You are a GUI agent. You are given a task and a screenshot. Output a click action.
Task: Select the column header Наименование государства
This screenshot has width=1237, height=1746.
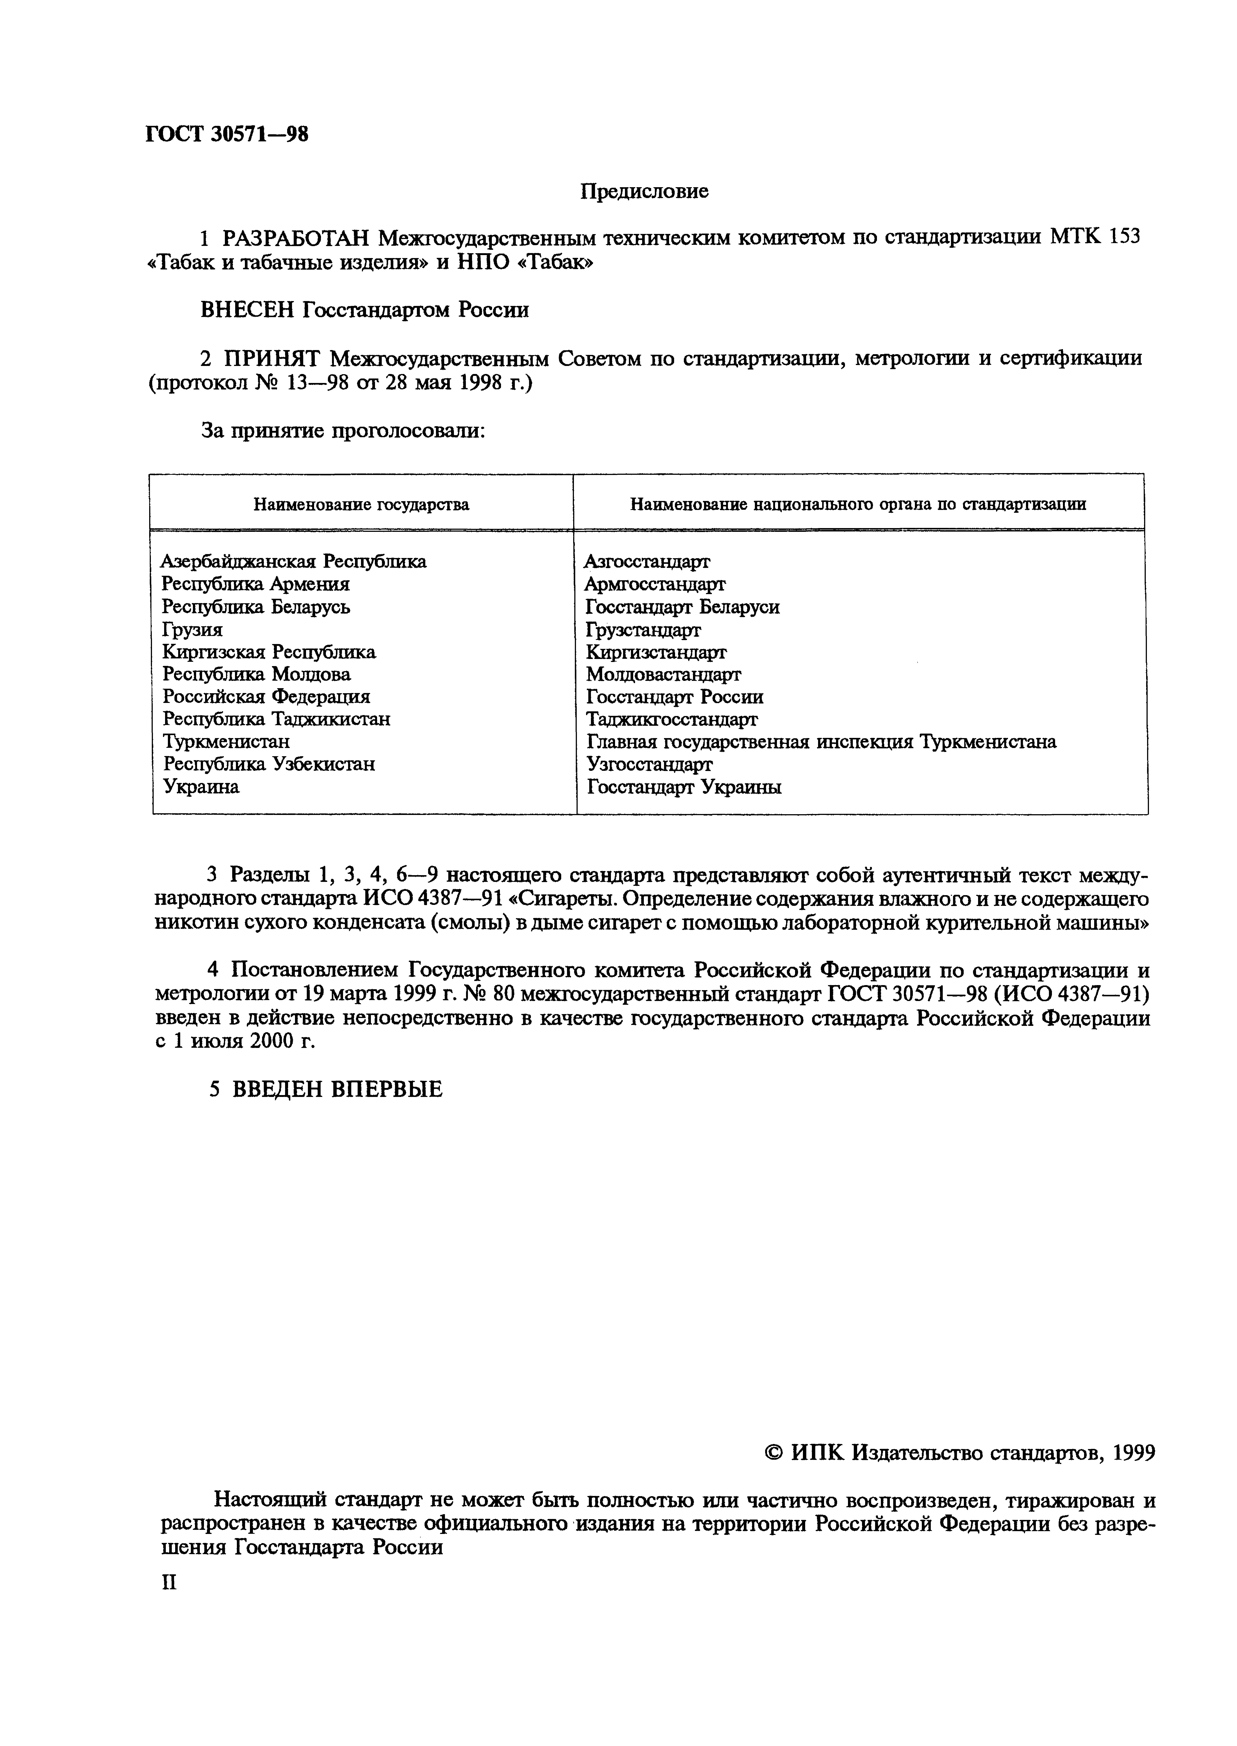[x=361, y=504]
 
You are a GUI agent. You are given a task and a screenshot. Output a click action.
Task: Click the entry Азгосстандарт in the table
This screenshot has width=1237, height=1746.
[x=647, y=561]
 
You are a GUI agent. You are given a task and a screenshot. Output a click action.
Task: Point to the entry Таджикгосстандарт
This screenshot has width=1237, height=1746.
[x=671, y=719]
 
